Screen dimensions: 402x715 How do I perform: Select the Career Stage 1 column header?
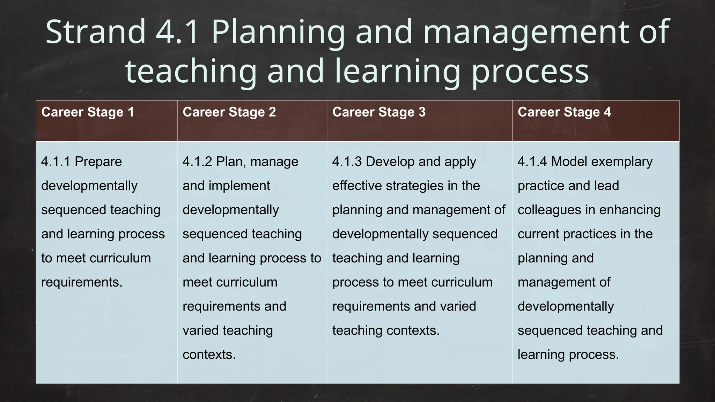pyautogui.click(x=88, y=112)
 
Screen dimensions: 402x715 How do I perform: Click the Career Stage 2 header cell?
pyautogui.click(x=229, y=112)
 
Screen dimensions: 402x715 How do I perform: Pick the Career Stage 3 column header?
pyautogui.click(x=379, y=112)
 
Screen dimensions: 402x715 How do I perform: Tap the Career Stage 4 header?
pyautogui.click(x=565, y=112)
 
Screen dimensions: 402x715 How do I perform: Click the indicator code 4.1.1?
pyautogui.click(x=56, y=162)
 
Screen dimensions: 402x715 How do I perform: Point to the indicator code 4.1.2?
pyautogui.click(x=197, y=162)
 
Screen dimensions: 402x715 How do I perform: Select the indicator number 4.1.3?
pyautogui.click(x=347, y=162)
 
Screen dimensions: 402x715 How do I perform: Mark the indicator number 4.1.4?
pyautogui.click(x=532, y=162)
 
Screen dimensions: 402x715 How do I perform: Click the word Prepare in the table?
pyautogui.click(x=98, y=162)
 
